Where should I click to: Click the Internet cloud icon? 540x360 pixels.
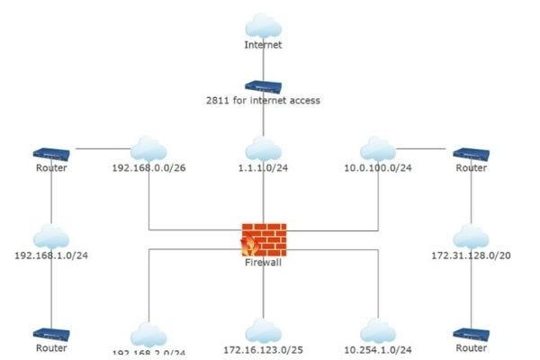263,24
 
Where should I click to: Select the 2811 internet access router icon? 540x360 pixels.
263,86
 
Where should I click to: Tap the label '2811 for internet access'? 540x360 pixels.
263,101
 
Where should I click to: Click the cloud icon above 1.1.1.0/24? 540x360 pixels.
263,148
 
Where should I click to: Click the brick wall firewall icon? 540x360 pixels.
264,238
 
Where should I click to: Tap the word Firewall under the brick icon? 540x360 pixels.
264,265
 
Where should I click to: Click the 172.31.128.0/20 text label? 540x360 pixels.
471,256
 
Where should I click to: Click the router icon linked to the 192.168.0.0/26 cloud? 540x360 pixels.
51,154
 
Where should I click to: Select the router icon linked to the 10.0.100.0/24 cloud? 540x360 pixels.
470,154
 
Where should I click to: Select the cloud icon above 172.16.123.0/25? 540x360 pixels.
260,330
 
